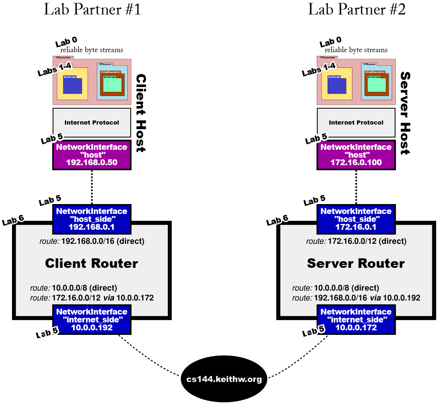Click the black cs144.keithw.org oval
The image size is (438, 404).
(x=224, y=379)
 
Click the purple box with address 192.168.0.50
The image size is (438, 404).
(x=91, y=155)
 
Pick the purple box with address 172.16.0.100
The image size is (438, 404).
(x=356, y=155)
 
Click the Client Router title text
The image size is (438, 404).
(x=91, y=263)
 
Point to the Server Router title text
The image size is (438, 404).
(x=356, y=263)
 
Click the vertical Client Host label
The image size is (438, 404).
(x=141, y=113)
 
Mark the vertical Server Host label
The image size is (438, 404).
(x=405, y=113)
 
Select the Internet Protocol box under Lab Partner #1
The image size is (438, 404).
(x=91, y=123)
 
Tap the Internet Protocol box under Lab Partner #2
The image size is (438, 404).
(x=356, y=123)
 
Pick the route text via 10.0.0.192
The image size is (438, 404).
(x=356, y=298)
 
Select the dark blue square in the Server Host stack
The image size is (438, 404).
(x=336, y=85)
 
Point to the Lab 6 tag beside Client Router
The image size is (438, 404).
(x=13, y=221)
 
